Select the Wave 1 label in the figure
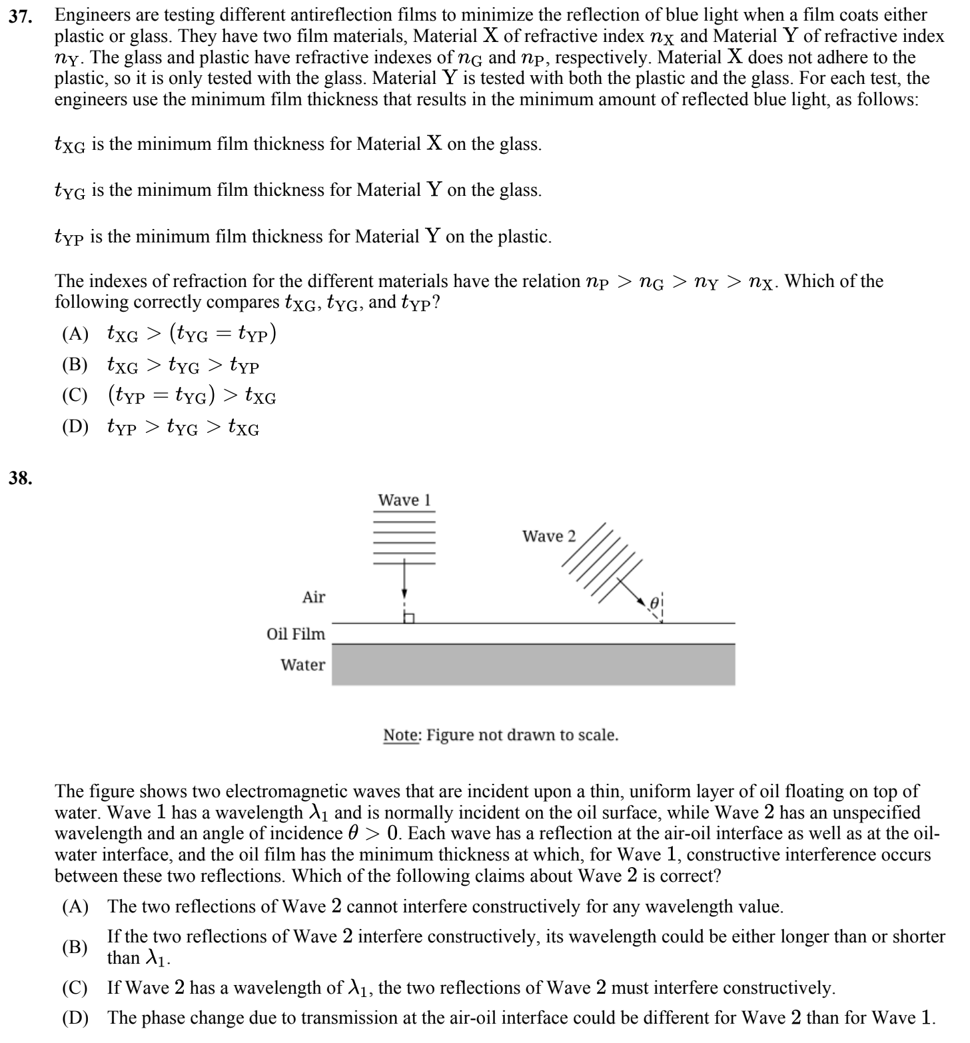[404, 500]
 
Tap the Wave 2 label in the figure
[548, 536]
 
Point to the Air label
[314, 597]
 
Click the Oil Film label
[296, 634]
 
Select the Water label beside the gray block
[303, 665]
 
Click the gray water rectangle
[533, 665]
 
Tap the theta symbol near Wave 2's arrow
[654, 602]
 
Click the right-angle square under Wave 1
[409, 617]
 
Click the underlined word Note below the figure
[401, 735]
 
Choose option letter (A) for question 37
[75, 334]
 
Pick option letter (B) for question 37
[75, 365]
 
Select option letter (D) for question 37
[75, 427]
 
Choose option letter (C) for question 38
[75, 988]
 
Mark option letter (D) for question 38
[75, 1018]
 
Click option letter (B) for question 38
[75, 948]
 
